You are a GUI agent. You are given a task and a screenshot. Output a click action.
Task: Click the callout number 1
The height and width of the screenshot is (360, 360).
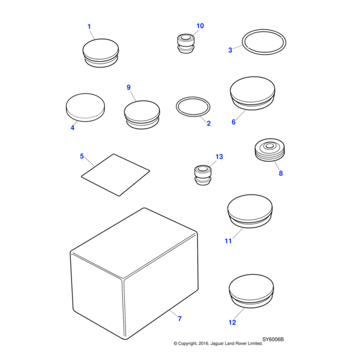[89, 26]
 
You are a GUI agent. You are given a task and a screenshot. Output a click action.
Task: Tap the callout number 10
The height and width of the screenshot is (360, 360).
[200, 26]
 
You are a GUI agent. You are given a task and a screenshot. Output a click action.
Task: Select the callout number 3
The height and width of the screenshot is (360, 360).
[230, 50]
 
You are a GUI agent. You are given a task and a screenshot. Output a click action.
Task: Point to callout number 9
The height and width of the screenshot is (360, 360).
[128, 88]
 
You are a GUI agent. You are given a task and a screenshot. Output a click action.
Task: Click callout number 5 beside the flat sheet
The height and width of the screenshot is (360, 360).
[82, 157]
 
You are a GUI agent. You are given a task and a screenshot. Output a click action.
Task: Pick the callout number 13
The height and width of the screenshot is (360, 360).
[219, 157]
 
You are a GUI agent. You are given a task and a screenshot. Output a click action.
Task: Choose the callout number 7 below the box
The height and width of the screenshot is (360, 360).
[179, 319]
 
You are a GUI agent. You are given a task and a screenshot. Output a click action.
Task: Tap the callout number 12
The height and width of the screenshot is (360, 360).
[232, 322]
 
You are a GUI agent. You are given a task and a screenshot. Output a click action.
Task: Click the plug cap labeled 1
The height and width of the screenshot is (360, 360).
[100, 51]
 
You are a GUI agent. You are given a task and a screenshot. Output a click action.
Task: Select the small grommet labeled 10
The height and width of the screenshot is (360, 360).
[185, 44]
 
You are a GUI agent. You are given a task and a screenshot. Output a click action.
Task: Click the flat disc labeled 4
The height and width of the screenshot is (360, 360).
[85, 107]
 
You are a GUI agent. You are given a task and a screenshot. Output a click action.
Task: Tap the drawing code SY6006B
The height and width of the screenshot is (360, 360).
[272, 339]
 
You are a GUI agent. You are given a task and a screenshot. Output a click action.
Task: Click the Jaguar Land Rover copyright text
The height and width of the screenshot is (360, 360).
[218, 344]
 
